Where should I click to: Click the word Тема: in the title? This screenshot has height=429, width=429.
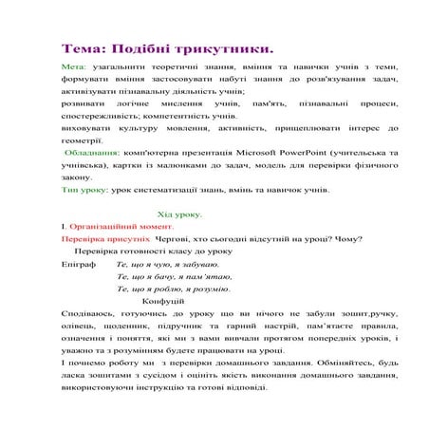pos(87,47)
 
